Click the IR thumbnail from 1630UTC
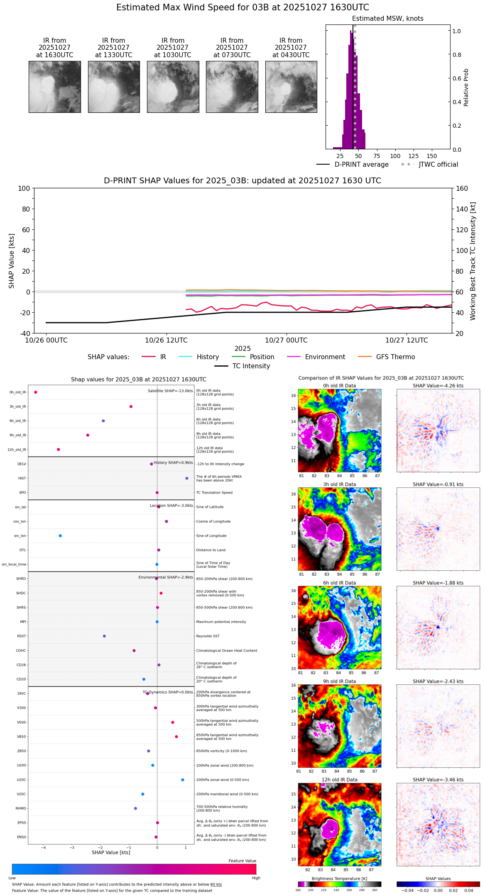pyautogui.click(x=55, y=87)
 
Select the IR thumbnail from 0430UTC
pyautogui.click(x=291, y=87)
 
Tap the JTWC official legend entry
pyautogui.click(x=430, y=165)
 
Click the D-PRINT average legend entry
pyautogui.click(x=353, y=165)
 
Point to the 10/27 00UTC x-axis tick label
pyautogui.click(x=287, y=340)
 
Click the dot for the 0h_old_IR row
pyautogui.click(x=36, y=392)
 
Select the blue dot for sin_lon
pyautogui.click(x=60, y=536)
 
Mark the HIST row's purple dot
pyautogui.click(x=187, y=478)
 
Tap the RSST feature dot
pyautogui.click(x=104, y=636)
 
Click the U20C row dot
pyautogui.click(x=183, y=780)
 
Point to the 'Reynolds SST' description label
pyautogui.click(x=208, y=636)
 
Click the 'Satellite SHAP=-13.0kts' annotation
pyautogui.click(x=170, y=391)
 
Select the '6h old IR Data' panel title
pyautogui.click(x=339, y=583)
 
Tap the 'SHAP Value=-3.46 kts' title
pyautogui.click(x=438, y=780)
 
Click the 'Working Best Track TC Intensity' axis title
pyautogui.click(x=473, y=261)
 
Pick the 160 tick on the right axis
pyautogui.click(x=462, y=188)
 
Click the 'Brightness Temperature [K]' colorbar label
pyautogui.click(x=339, y=878)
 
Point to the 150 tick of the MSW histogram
pyautogui.click(x=432, y=156)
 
